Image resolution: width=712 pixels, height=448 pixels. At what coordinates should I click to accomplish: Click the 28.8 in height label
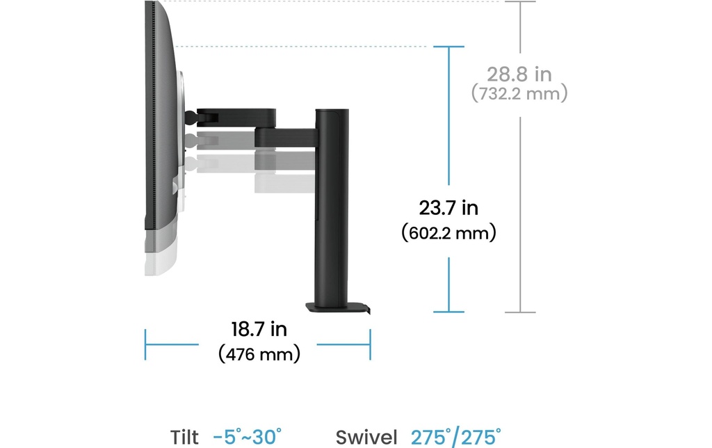[x=519, y=74]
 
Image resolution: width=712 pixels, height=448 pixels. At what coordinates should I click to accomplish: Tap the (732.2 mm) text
[x=519, y=94]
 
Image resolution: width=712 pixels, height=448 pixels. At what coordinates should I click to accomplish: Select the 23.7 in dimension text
[x=448, y=208]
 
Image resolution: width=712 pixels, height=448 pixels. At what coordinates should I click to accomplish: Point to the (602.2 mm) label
[x=448, y=233]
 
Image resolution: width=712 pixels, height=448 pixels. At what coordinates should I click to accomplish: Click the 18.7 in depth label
[x=259, y=330]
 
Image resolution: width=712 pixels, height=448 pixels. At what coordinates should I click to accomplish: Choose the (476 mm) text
[x=259, y=354]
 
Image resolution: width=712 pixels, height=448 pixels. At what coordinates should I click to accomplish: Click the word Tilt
[x=184, y=438]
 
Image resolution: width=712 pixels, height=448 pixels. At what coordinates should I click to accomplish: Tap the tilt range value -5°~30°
[x=247, y=437]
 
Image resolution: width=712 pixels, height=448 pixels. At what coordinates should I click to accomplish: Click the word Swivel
[x=366, y=438]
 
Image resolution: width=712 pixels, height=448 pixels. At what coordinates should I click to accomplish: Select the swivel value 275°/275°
[x=456, y=437]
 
